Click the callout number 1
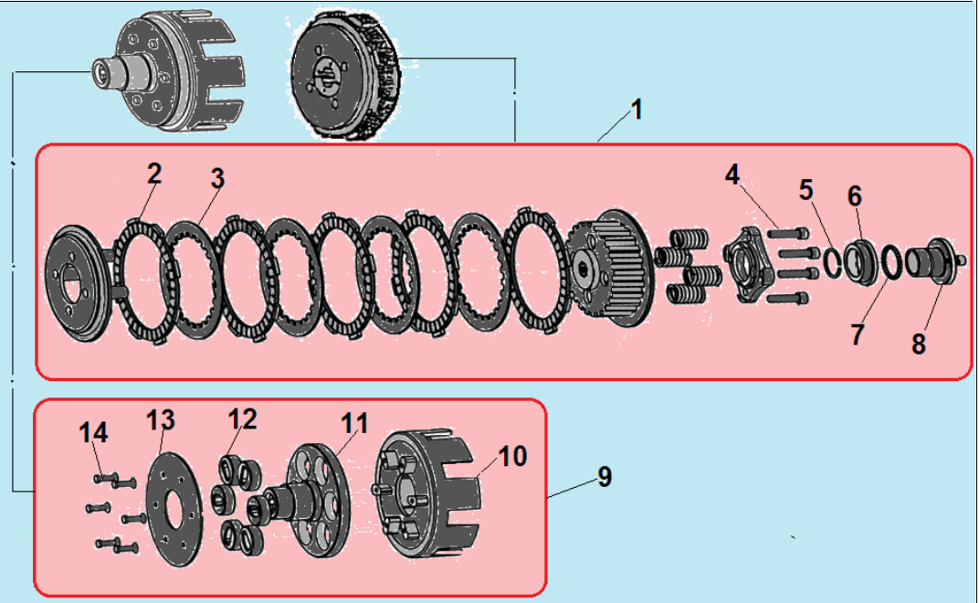coord(637,111)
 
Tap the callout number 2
coord(154,174)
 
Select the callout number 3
coord(216,179)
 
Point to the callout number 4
coord(733,175)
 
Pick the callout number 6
coord(855,196)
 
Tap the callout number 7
coord(857,334)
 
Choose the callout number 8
coord(918,344)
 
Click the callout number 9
coord(604,476)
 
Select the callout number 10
coord(513,456)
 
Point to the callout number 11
coord(354,423)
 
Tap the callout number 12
coord(244,418)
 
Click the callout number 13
coord(162,421)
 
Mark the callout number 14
coord(93,432)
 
